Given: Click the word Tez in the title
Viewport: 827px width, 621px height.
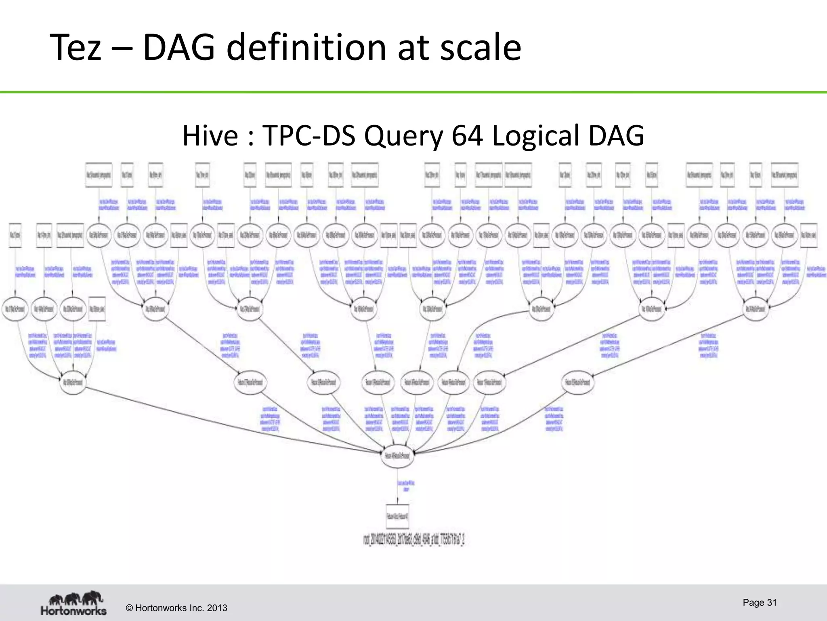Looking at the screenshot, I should pos(76,47).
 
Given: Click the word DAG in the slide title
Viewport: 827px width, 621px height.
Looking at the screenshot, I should pos(178,47).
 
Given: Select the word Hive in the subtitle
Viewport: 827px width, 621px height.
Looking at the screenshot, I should pos(210,135).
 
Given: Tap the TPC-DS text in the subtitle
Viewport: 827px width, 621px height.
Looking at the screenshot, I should pos(309,135).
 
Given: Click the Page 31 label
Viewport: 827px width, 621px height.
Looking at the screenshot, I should pos(759,602).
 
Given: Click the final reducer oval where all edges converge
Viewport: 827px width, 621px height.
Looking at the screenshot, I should pos(397,456).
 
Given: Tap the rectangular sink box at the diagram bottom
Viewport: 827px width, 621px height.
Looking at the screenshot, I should pos(397,516).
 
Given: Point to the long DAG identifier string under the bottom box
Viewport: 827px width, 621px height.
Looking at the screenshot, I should pos(414,540).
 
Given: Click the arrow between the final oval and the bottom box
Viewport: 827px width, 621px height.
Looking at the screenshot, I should pos(398,495).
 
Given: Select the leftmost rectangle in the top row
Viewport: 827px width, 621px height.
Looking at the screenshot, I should pos(99,175).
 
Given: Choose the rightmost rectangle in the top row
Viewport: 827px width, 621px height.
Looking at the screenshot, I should pos(784,175).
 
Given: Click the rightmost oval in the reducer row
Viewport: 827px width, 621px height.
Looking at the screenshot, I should pos(578,382).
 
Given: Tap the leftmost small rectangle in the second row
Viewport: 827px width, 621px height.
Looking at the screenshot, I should pos(15,235).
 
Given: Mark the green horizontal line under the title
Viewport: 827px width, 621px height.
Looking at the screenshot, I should pos(413,92).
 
